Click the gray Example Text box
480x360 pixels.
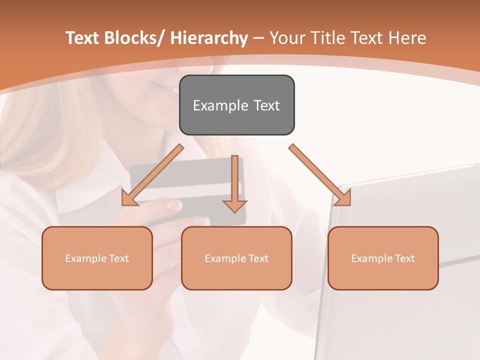[x=236, y=105]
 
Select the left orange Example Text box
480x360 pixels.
[x=97, y=258]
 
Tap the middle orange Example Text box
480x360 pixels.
[x=236, y=258]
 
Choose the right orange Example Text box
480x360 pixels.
[x=383, y=258]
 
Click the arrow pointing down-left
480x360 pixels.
[x=152, y=175]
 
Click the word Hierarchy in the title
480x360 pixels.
[x=209, y=38]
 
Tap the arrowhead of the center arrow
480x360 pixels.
[x=234, y=206]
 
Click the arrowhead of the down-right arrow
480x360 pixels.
[x=344, y=198]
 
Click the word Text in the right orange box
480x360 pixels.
[x=404, y=258]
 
